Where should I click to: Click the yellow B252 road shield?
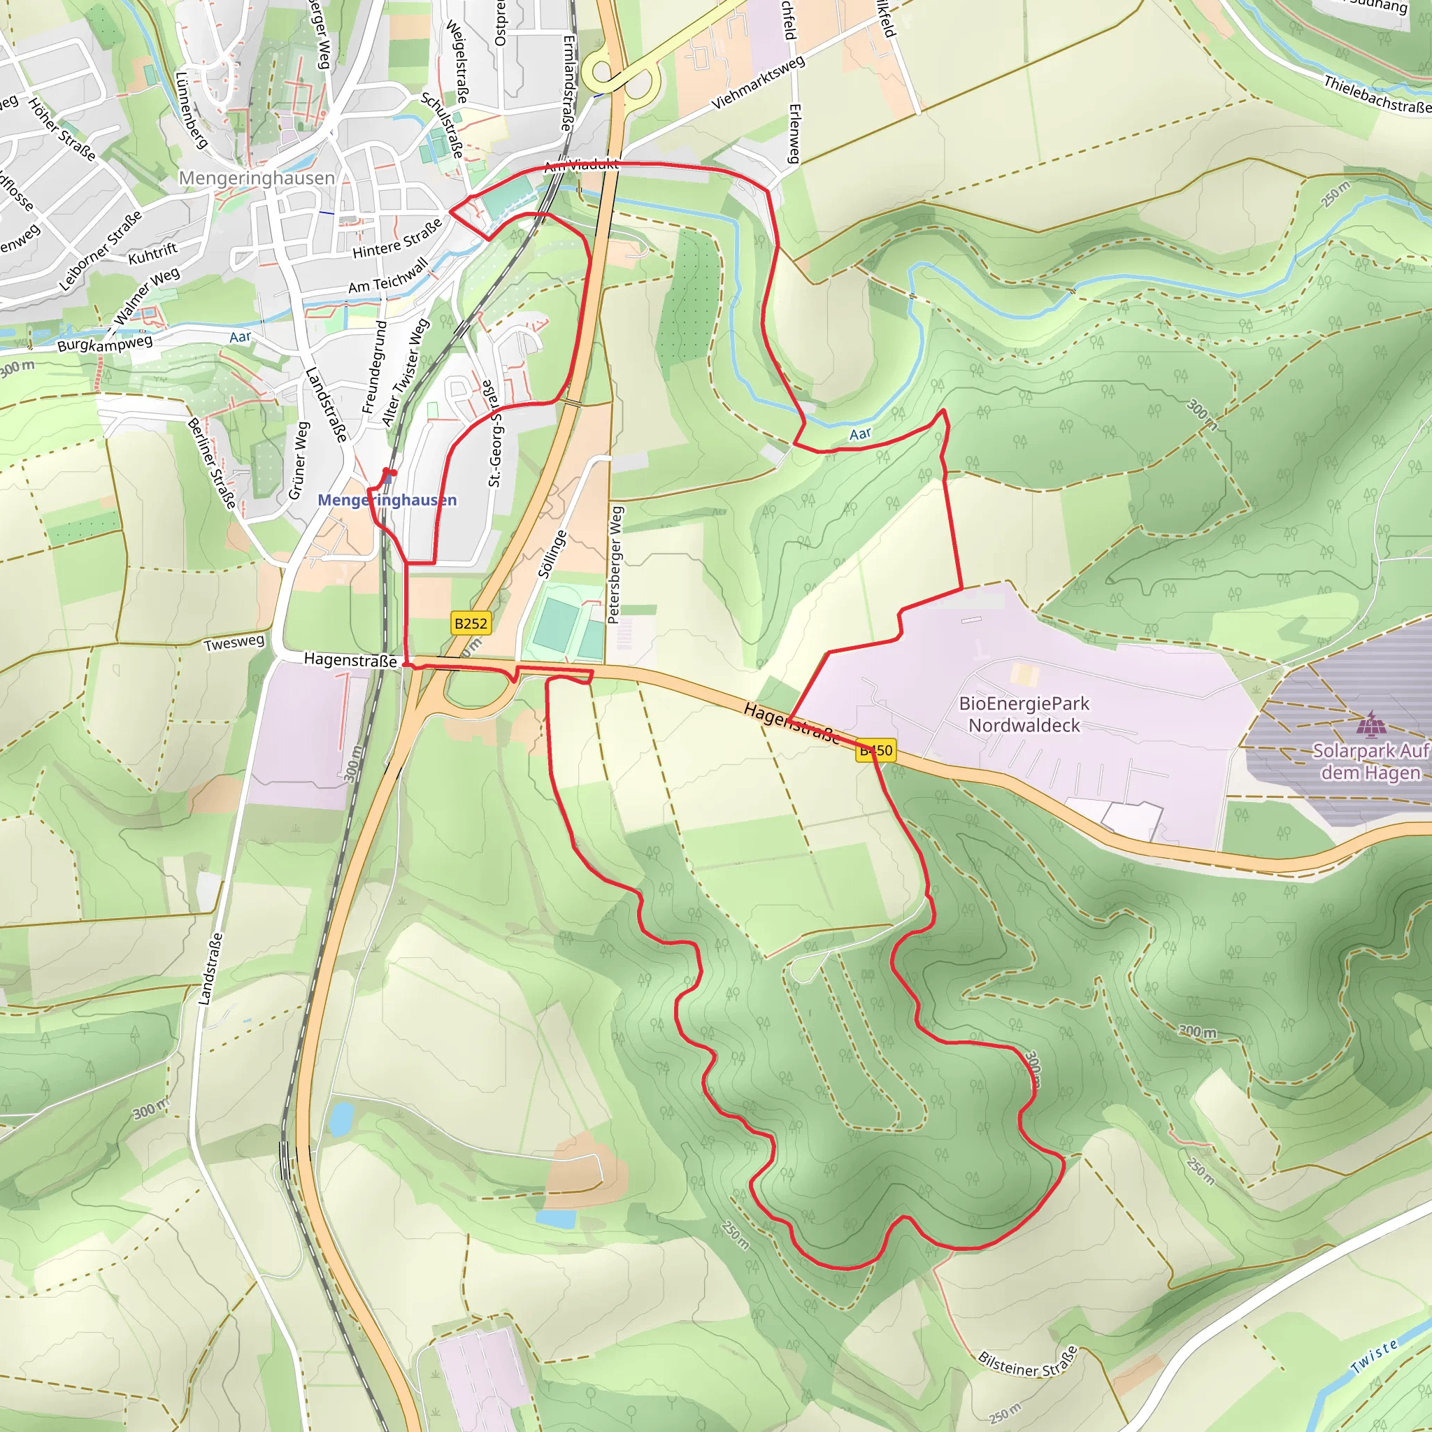click(x=471, y=623)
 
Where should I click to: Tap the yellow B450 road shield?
click(x=875, y=750)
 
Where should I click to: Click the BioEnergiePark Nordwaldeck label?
click(x=1024, y=715)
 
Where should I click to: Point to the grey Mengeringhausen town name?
click(x=257, y=178)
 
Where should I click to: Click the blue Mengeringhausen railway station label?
click(x=387, y=501)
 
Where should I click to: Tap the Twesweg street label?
click(x=234, y=643)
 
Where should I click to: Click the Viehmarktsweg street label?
click(x=757, y=83)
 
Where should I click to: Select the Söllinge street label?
click(x=552, y=554)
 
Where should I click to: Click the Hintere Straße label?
click(x=396, y=239)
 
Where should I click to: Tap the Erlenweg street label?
click(x=794, y=134)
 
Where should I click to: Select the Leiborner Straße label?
click(x=100, y=251)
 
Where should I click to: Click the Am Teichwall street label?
click(x=388, y=275)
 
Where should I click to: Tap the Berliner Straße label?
click(x=211, y=464)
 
